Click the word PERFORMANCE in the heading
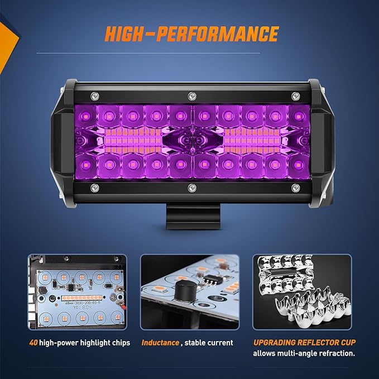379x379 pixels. click(219, 35)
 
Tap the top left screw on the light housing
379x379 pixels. click(96, 94)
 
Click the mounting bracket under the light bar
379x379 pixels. click(190, 215)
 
